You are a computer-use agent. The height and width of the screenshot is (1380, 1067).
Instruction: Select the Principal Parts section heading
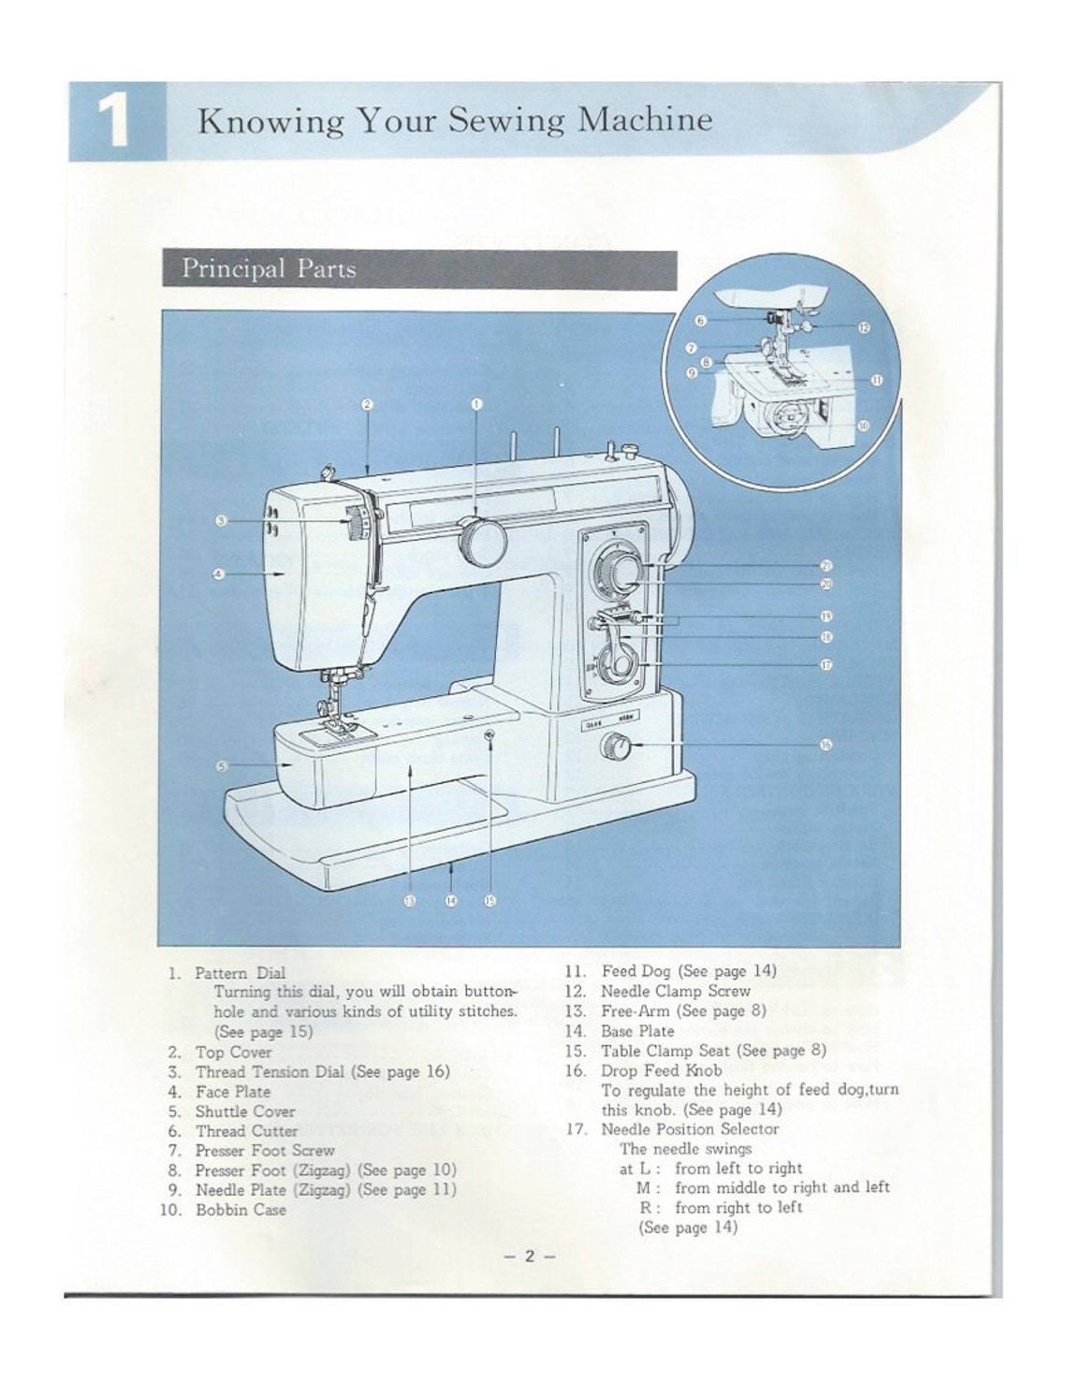click(269, 269)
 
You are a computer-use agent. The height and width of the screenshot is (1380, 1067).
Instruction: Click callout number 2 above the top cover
click(368, 405)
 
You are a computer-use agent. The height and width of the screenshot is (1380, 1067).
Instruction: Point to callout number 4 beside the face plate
click(218, 573)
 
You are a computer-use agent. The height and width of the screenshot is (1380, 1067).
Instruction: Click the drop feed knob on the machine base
click(616, 747)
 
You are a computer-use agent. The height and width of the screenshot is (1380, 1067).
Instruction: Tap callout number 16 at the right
click(826, 746)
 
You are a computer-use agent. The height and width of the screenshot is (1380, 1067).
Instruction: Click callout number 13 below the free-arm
click(409, 900)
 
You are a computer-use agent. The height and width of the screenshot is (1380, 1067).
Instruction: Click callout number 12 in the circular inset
click(864, 327)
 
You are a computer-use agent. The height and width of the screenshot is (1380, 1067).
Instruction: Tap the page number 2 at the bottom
click(529, 1257)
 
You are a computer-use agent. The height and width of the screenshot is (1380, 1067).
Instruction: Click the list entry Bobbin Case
click(241, 1210)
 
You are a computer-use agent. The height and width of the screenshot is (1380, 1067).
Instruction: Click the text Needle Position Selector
click(689, 1128)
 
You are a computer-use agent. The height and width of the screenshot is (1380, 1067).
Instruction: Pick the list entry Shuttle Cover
click(244, 1111)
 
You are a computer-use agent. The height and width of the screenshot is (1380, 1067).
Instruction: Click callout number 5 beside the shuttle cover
click(222, 766)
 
